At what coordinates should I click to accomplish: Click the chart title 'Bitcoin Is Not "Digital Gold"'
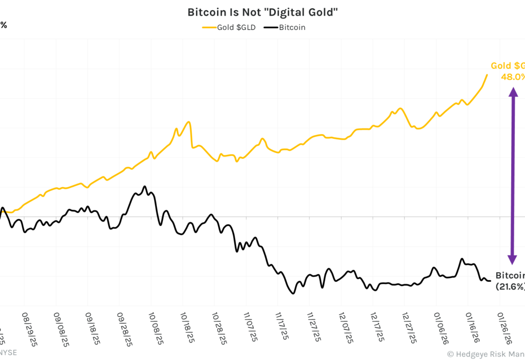262,12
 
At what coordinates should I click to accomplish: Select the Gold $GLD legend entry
232,27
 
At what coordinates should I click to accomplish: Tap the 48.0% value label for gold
513,77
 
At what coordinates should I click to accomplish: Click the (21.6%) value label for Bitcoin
510,286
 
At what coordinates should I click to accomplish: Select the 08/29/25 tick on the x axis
30,328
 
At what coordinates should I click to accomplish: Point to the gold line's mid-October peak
189,122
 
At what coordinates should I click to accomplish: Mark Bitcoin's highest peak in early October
145,186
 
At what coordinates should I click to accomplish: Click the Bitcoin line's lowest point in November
293,293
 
